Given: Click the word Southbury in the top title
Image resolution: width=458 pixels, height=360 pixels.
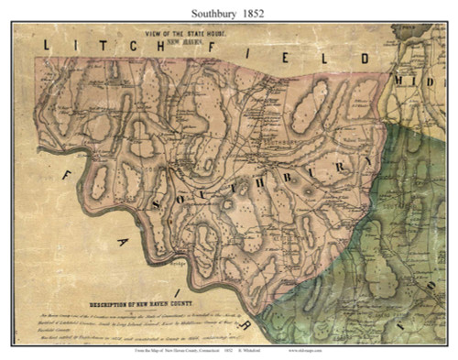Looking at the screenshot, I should click(212, 14).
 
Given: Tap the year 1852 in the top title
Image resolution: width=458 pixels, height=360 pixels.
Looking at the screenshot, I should click(260, 14).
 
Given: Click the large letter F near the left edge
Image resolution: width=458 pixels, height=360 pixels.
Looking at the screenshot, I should click(66, 165).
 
